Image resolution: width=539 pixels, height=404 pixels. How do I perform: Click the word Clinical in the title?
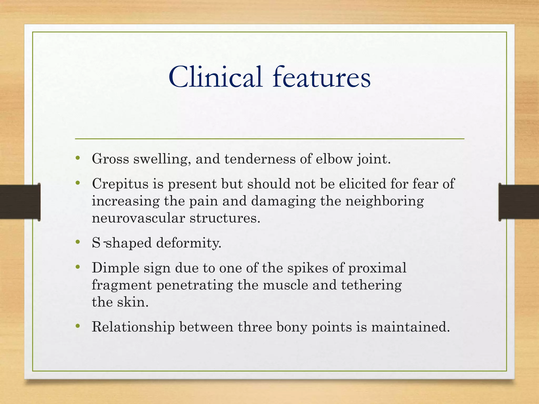[x=215, y=77]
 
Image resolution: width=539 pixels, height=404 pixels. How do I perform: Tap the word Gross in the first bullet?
[x=110, y=159]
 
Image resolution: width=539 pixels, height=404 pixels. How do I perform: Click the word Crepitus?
[x=120, y=184]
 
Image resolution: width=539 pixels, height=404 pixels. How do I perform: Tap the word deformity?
[x=189, y=243]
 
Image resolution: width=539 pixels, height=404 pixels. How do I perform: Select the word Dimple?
[x=115, y=268]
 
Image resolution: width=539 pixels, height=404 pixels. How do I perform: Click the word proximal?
[x=377, y=268]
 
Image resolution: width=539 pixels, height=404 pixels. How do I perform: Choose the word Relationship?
[x=133, y=327]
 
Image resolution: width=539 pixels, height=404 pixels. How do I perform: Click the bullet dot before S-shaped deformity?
[x=77, y=242]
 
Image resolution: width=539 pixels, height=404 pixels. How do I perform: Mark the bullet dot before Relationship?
[x=77, y=326]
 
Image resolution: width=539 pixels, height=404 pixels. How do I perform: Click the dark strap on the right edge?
[x=518, y=202]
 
